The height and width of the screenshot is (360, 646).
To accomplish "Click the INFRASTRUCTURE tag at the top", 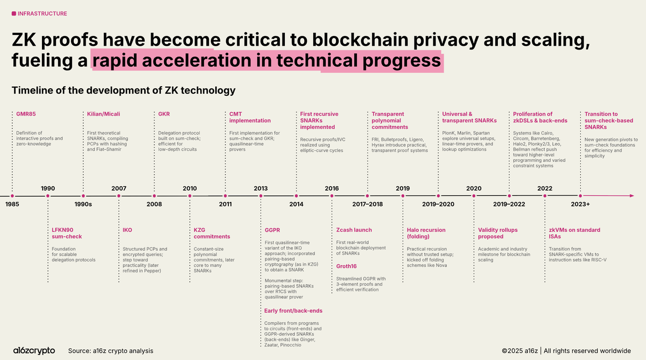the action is pyautogui.click(x=42, y=13).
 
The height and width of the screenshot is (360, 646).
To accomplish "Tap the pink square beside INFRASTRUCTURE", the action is pyautogui.click(x=14, y=13).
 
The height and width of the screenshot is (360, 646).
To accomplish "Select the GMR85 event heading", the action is pyautogui.click(x=26, y=114).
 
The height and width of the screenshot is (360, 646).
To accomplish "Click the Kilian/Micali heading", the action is pyautogui.click(x=103, y=114).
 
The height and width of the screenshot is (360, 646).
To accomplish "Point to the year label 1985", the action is pyautogui.click(x=12, y=204).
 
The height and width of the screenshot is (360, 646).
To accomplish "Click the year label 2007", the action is pyautogui.click(x=119, y=188).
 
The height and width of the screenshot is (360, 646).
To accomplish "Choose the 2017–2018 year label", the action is pyautogui.click(x=367, y=204).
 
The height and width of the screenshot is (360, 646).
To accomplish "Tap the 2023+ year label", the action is pyautogui.click(x=580, y=204).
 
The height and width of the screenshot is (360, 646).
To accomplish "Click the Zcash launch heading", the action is pyautogui.click(x=354, y=230).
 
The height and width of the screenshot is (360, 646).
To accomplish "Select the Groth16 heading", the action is pyautogui.click(x=346, y=266).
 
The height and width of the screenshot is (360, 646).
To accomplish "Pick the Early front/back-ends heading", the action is pyautogui.click(x=293, y=310).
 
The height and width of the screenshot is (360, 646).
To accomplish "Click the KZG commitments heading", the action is pyautogui.click(x=212, y=233).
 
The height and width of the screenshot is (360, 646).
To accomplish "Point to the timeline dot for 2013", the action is pyautogui.click(x=261, y=196).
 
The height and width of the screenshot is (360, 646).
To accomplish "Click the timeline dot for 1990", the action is pyautogui.click(x=48, y=196).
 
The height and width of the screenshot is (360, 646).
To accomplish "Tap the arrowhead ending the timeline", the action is pyautogui.click(x=632, y=196).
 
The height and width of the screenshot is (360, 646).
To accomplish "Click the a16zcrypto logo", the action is pyautogui.click(x=34, y=350).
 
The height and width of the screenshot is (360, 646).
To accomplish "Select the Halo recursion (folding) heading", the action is pyautogui.click(x=426, y=233).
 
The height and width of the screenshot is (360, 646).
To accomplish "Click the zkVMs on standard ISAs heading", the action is pyautogui.click(x=574, y=233).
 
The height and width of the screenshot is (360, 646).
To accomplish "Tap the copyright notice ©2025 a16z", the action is pyautogui.click(x=519, y=351).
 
